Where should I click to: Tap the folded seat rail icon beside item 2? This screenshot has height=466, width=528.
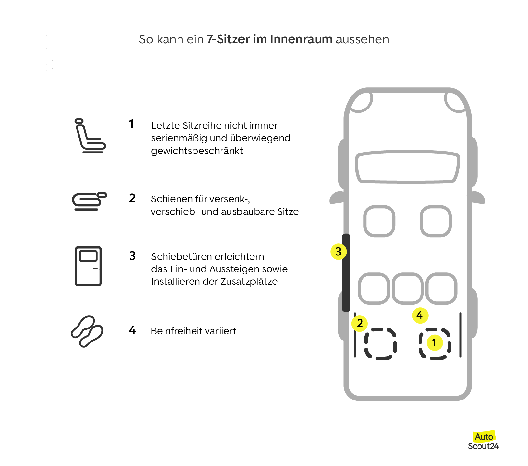pos(89,201)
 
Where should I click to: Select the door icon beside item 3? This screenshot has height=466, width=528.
pos(88,266)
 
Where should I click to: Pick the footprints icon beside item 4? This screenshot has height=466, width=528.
pos(87,331)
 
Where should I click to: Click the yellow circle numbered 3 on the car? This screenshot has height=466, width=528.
pos(338,252)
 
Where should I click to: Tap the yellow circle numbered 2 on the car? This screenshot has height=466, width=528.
pos(360,323)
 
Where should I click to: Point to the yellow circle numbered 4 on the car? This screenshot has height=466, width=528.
pos(420,315)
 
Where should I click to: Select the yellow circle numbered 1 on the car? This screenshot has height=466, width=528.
pos(434,342)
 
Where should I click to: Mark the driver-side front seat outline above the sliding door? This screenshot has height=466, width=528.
pos(379,221)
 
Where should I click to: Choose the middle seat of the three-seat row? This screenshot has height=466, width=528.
pos(407,288)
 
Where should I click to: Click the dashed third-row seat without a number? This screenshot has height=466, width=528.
pos(380,344)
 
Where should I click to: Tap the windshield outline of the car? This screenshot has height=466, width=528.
pos(407,167)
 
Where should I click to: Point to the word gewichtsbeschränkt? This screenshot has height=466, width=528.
pos(197,151)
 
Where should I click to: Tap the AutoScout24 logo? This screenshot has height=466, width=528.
pos(483,441)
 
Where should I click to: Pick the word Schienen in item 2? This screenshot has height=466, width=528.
pos(171,199)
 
